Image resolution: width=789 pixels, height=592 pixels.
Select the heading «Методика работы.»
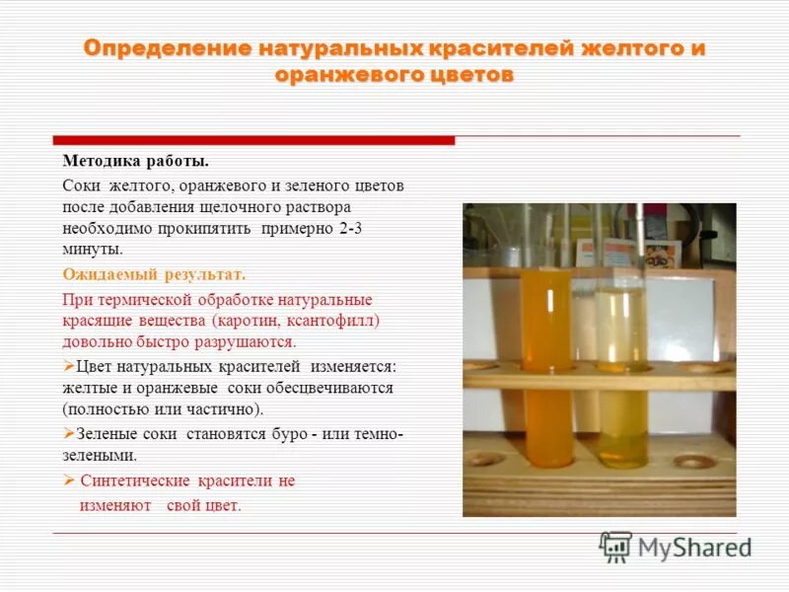[135, 161]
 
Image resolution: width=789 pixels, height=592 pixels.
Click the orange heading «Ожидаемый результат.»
[154, 274]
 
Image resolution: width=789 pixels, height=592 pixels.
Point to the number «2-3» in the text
[365, 229]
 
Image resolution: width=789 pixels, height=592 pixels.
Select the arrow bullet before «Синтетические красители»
[68, 481]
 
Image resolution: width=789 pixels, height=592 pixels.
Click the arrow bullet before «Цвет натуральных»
[68, 366]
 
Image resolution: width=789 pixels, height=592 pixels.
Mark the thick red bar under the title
[253, 140]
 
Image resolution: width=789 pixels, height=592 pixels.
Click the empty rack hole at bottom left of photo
[485, 459]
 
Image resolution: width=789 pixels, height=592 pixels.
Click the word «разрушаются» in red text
[251, 342]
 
